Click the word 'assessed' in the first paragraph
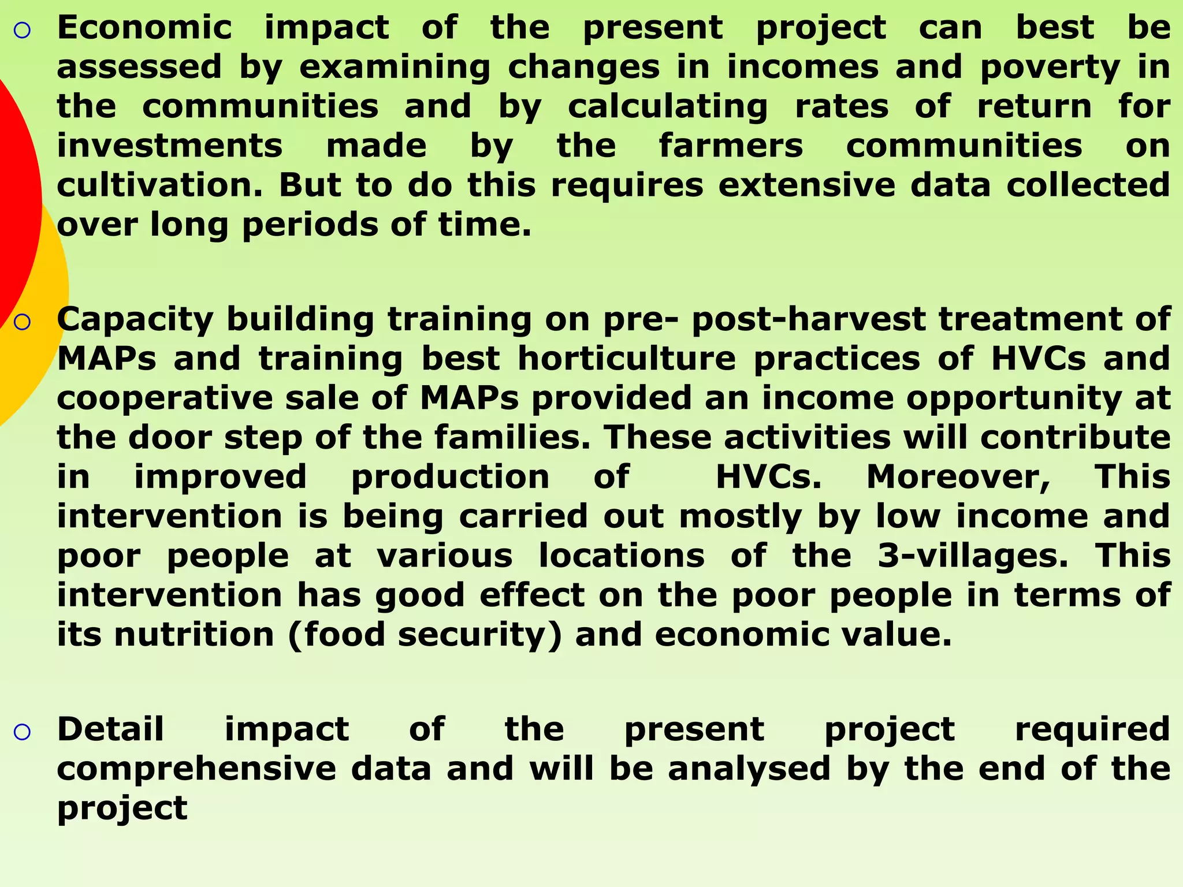pyautogui.click(x=139, y=67)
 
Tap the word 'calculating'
pyautogui.click(x=668, y=107)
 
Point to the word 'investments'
pyautogui.click(x=170, y=146)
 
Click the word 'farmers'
pyautogui.click(x=731, y=146)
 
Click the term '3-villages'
pyautogui.click(x=973, y=557)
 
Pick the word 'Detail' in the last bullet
pyautogui.click(x=110, y=729)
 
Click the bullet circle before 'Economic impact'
pyautogui.click(x=22, y=30)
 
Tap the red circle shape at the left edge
pyautogui.click(x=14, y=196)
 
